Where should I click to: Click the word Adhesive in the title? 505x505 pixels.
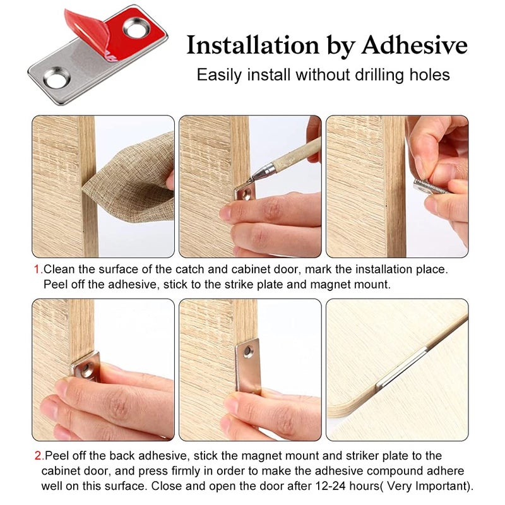[x=414, y=45]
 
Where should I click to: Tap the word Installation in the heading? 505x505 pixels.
[x=252, y=45]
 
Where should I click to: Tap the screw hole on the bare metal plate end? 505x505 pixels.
[x=57, y=77]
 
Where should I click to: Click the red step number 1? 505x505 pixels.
[x=38, y=270]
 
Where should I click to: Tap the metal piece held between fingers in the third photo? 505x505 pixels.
[x=429, y=187]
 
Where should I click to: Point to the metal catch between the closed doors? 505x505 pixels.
[x=401, y=369]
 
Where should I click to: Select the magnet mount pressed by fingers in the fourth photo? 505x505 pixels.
[x=86, y=367]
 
